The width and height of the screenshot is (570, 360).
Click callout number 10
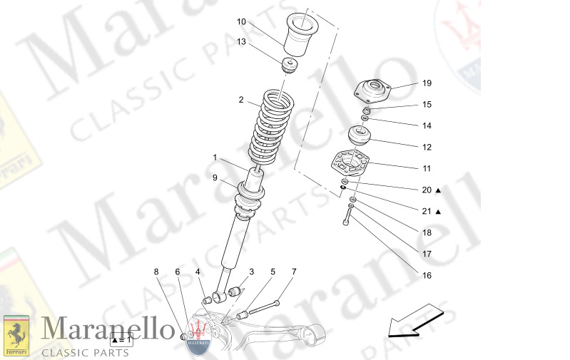tap(241, 21)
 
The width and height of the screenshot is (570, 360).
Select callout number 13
tap(241, 42)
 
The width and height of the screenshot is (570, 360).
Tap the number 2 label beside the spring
tap(241, 100)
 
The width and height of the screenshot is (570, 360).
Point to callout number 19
tap(427, 83)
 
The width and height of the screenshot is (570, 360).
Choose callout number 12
tap(427, 148)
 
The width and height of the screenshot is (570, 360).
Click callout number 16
tap(427, 275)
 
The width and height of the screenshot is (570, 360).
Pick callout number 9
tap(213, 178)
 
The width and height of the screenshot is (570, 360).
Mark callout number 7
tap(293, 272)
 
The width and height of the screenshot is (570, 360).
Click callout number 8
tap(156, 272)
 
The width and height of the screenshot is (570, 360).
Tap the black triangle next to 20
tap(438, 190)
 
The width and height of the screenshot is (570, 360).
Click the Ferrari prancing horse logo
tap(16, 335)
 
